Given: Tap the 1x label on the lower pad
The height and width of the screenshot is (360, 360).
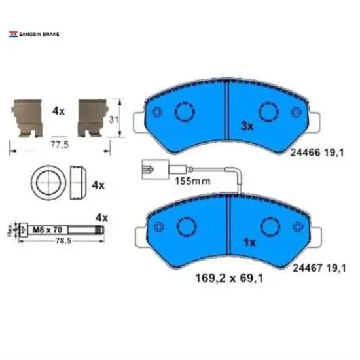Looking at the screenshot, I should click(247, 242).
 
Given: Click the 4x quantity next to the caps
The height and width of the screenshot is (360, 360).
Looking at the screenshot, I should click(98, 185).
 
